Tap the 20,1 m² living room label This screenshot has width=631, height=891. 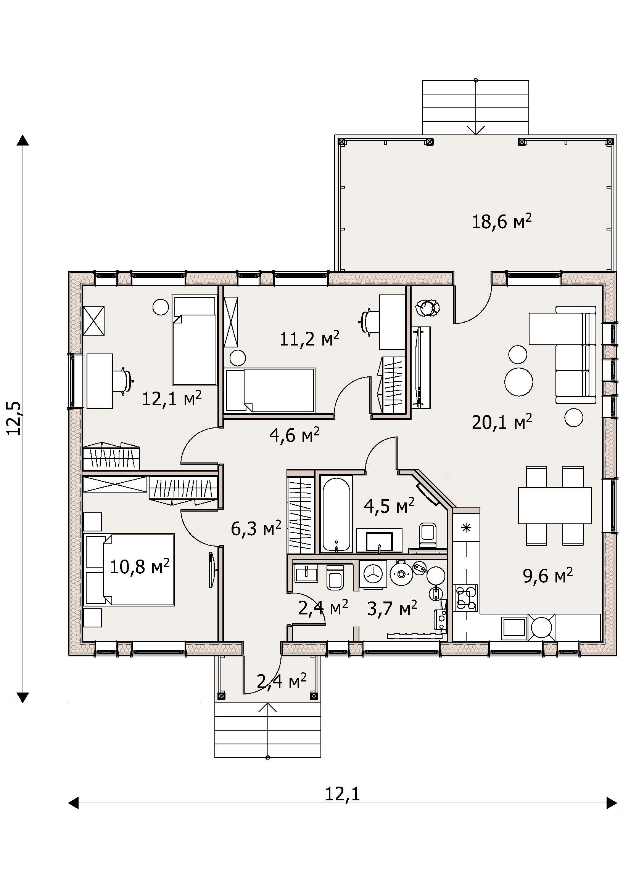502,422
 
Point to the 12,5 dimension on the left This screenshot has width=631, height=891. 14,418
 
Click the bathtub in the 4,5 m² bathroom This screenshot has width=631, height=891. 336,514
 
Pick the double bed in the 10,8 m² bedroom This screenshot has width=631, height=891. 129,569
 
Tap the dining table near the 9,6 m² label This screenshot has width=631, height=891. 554,505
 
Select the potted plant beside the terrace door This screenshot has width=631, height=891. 427,309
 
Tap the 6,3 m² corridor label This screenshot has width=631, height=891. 256,529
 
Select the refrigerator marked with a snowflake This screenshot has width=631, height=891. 466,527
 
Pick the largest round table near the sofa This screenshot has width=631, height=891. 518,381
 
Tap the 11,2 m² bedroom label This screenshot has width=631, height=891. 310,339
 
